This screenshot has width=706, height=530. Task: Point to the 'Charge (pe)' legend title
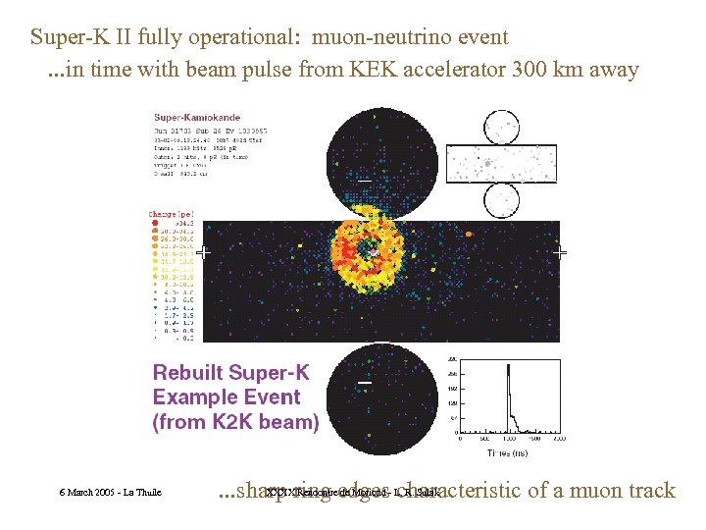172,213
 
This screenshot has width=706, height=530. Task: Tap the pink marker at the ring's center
374,252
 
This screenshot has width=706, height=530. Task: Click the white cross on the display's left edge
203,252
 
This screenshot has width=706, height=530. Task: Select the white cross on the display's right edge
560,252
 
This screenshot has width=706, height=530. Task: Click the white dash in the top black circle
364,181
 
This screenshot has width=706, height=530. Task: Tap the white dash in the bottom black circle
364,381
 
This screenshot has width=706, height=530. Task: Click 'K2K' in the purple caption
235,423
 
